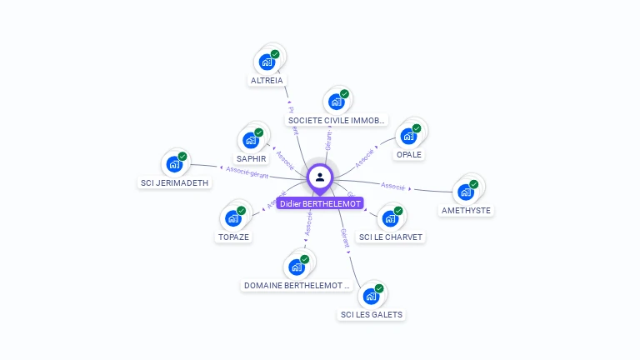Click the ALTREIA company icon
(267, 62)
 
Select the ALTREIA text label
(267, 81)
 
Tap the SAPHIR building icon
(251, 140)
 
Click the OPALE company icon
(408, 136)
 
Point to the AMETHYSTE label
(466, 210)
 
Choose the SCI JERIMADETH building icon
(174, 163)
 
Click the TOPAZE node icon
(232, 218)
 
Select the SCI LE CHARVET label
(391, 237)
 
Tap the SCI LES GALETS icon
(371, 296)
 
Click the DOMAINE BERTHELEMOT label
(297, 285)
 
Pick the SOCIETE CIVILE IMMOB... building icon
(336, 102)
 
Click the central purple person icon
(320, 177)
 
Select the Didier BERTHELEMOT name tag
(320, 203)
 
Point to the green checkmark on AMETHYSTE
(474, 184)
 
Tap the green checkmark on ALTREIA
(275, 54)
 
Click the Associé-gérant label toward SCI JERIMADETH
(247, 172)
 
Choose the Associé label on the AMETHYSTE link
(392, 185)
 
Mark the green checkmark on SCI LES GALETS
(379, 288)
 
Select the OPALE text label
(409, 154)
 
